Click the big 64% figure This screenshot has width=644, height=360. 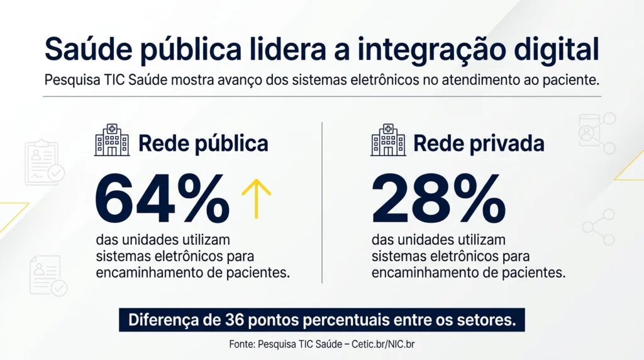coord(162,198)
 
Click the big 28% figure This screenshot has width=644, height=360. coord(438,198)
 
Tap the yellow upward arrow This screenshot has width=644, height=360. coord(257,198)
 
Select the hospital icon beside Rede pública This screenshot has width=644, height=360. coord(112,140)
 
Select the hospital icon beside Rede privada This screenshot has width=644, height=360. coord(388,140)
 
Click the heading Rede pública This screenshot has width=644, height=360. coord(203,143)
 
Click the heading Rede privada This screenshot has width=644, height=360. coord(479,143)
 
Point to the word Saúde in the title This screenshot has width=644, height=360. coord(89,49)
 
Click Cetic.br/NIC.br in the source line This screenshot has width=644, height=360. coord(383,344)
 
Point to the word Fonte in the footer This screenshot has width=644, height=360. coord(241,344)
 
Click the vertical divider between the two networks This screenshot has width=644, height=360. coord(322,203)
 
